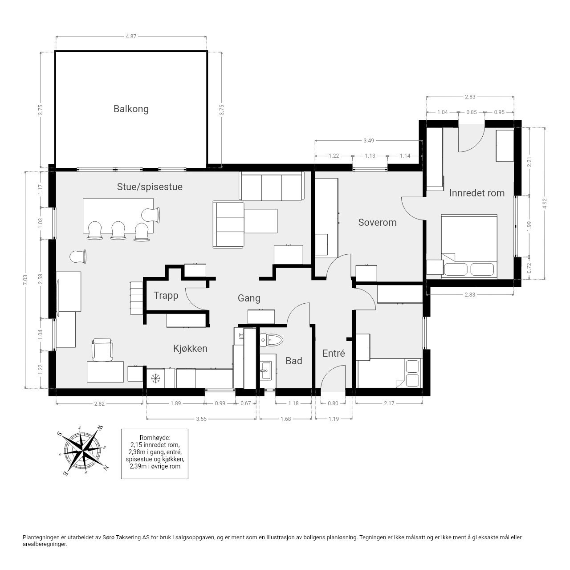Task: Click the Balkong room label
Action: coord(131,109)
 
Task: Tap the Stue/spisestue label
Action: coord(150,187)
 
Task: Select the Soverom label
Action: coord(377,222)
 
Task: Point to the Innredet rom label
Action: coord(477,193)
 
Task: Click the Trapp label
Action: coord(166,296)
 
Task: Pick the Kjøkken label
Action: coord(190,348)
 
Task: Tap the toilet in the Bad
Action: coord(271,340)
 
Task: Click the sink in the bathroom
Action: coord(265,370)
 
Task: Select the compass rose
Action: coord(83,452)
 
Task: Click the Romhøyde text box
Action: coord(155,454)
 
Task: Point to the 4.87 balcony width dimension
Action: coord(131,37)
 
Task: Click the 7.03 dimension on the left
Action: coord(25,280)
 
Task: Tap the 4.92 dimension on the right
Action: coord(545,204)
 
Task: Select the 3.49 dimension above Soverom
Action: coord(369,141)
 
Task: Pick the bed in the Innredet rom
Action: coord(469,246)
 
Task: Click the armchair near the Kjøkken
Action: coord(102,350)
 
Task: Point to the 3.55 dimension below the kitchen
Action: coord(201,419)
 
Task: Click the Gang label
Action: coord(249,298)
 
